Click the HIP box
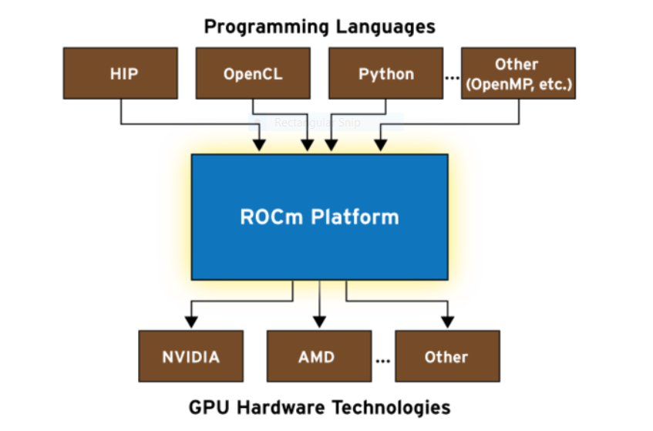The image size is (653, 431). click(120, 74)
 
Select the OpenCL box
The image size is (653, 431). click(253, 74)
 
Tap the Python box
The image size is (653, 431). click(385, 74)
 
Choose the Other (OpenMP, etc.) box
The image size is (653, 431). click(518, 74)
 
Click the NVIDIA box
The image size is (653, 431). click(190, 357)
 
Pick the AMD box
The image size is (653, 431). click(318, 357)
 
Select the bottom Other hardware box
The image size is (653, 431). click(446, 357)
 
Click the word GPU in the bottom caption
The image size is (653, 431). click(206, 406)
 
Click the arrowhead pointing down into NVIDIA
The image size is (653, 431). click(190, 323)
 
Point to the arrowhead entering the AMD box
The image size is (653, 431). click(318, 323)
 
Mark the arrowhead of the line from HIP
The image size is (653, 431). click(260, 146)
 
